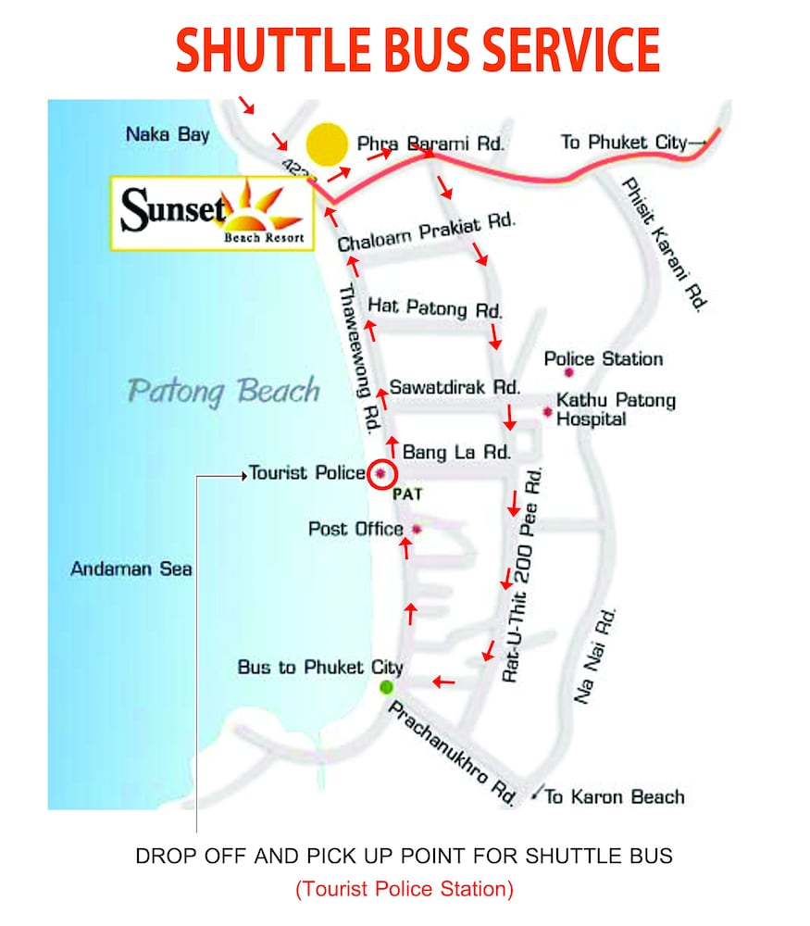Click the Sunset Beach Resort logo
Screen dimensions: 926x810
tap(212, 212)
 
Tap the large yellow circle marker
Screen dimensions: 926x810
tap(327, 144)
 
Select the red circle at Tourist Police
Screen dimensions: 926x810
tap(380, 473)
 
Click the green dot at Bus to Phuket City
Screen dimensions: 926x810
tap(386, 687)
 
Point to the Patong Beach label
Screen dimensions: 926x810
tap(223, 391)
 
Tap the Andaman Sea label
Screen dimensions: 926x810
tap(131, 569)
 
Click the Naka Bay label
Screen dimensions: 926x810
tap(168, 135)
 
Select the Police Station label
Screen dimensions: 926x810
tap(604, 359)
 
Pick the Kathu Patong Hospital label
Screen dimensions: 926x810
tap(615, 409)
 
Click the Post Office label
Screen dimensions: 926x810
tap(355, 529)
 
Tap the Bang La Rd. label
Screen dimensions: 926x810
tap(456, 453)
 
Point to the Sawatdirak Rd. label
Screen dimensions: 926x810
tap(455, 386)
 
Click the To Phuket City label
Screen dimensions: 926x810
tap(626, 143)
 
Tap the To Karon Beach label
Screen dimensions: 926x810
tap(615, 796)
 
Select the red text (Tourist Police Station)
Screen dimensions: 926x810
tap(405, 889)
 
